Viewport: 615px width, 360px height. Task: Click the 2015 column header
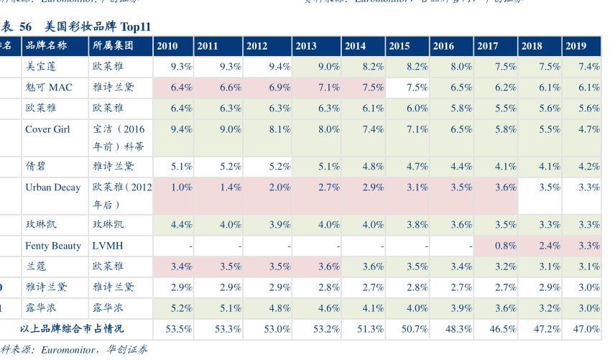tap(399, 46)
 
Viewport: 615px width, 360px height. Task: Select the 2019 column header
tap(575, 46)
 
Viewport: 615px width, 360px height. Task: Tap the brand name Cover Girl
tap(47, 129)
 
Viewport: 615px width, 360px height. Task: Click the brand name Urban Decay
tap(52, 187)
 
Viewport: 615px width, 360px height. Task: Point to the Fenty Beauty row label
tap(53, 246)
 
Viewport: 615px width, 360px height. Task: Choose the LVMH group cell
tap(108, 246)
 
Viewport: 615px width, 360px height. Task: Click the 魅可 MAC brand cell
tap(49, 88)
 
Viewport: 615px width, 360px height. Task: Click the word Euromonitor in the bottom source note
tap(68, 350)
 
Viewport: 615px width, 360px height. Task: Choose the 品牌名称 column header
tap(46, 46)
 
